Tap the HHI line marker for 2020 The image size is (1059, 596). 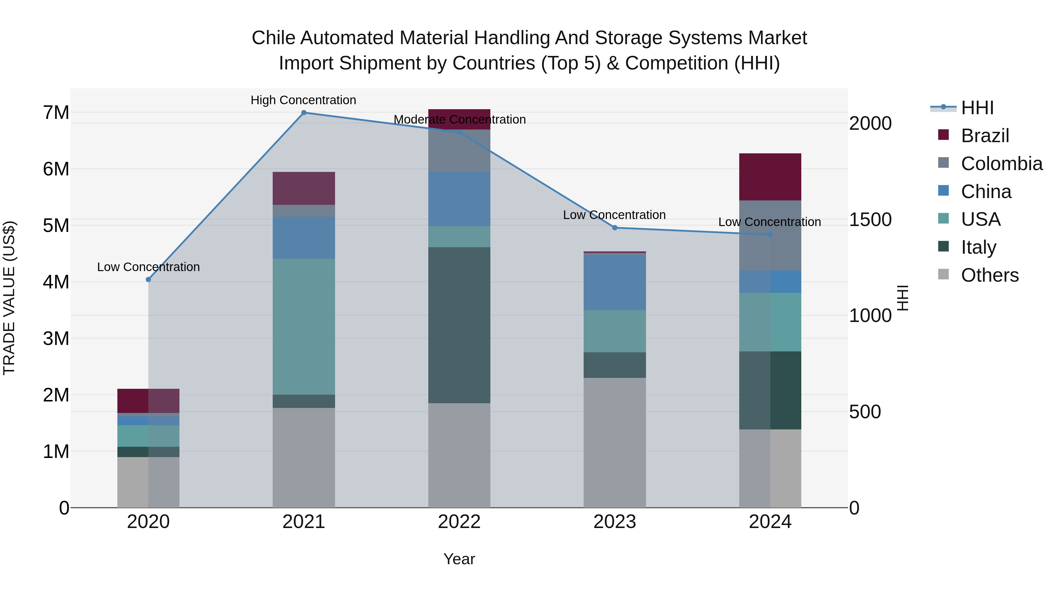[x=149, y=279]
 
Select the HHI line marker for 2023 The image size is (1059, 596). [x=615, y=228]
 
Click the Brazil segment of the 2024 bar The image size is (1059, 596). [x=770, y=177]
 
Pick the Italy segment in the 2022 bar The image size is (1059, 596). [x=459, y=325]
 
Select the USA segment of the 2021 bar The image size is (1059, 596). [x=304, y=327]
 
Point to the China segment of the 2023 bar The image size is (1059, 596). [x=615, y=282]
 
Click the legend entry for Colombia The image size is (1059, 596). [x=1001, y=164]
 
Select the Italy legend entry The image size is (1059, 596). [x=978, y=247]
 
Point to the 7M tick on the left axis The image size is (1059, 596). [x=56, y=113]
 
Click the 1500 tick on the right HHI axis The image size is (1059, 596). [x=870, y=220]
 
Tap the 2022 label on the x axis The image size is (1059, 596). [x=459, y=522]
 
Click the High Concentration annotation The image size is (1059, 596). [x=303, y=100]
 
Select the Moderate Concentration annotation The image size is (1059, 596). [x=459, y=119]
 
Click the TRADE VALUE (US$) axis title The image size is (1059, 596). [x=9, y=298]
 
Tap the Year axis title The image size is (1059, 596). [x=459, y=559]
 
